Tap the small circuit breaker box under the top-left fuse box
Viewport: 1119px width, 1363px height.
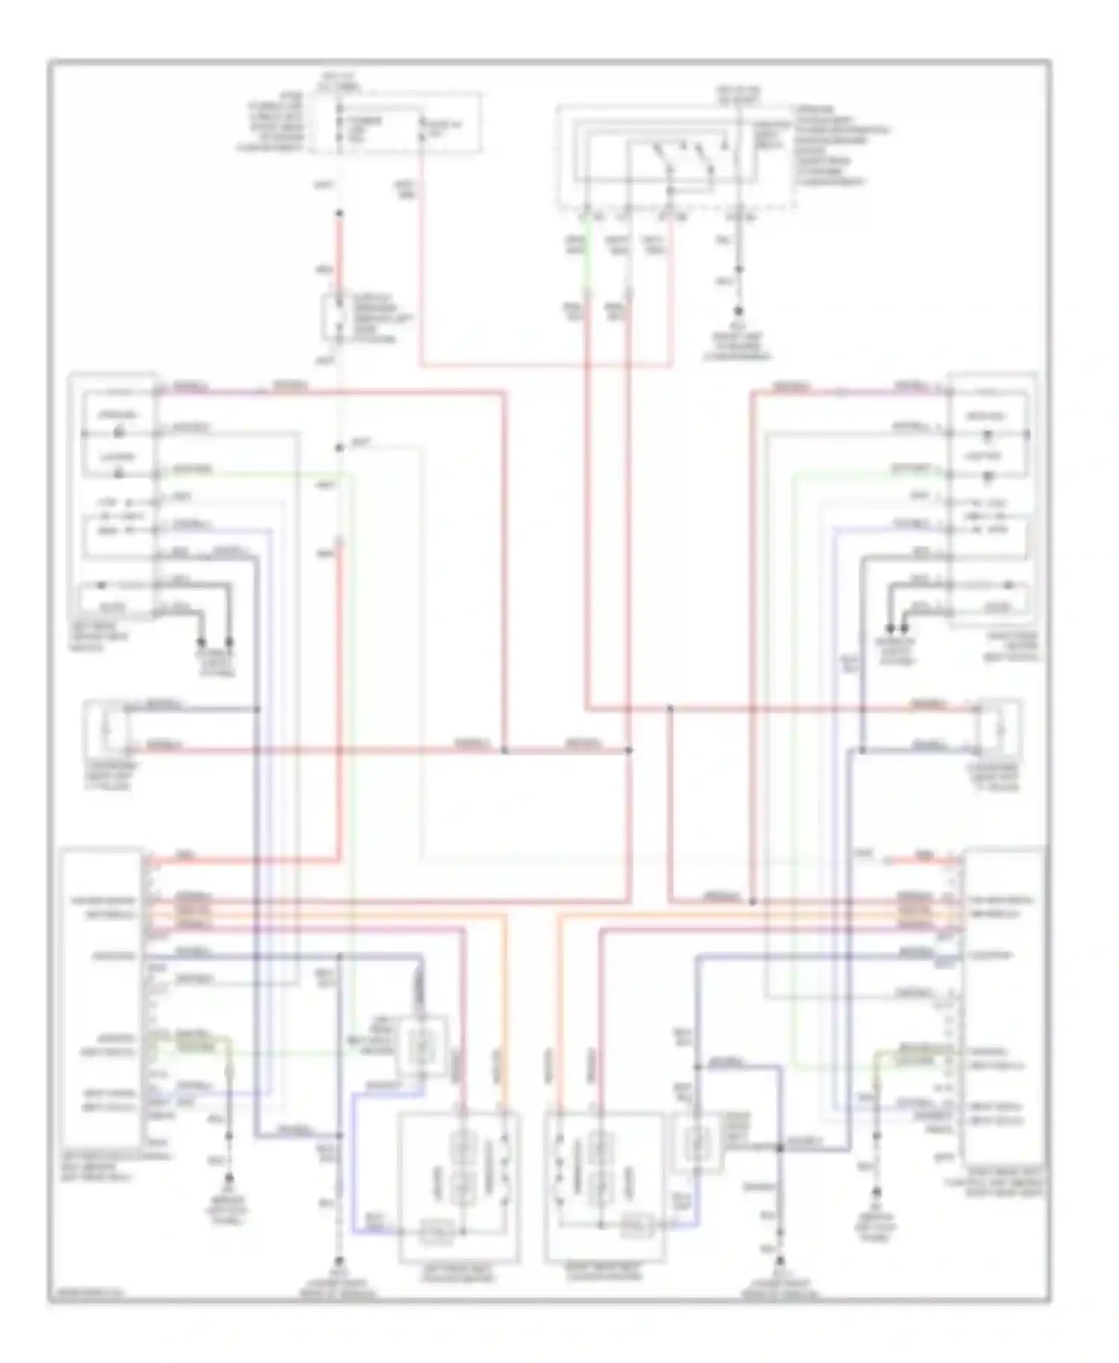tap(334, 317)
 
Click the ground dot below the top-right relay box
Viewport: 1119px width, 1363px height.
tap(739, 312)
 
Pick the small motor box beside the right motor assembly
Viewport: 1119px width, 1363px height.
tap(698, 1142)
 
